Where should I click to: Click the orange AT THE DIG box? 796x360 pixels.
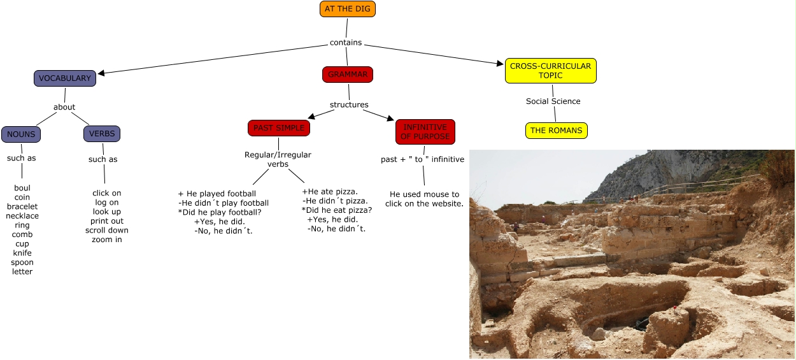pyautogui.click(x=347, y=9)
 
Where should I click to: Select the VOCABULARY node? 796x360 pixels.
pyautogui.click(x=65, y=78)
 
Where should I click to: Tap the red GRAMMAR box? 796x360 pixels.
pyautogui.click(x=347, y=75)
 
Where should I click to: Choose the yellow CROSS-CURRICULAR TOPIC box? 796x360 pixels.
pyautogui.click(x=550, y=71)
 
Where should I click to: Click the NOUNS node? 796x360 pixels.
pyautogui.click(x=21, y=134)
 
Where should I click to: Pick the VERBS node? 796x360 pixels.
pyautogui.click(x=102, y=134)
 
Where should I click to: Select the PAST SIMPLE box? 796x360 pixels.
pyautogui.click(x=279, y=128)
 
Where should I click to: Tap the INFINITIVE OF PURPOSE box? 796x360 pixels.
pyautogui.click(x=425, y=132)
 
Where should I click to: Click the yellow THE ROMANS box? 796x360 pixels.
pyautogui.click(x=556, y=131)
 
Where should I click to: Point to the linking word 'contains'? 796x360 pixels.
pyautogui.click(x=346, y=43)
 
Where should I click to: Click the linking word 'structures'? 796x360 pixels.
pyautogui.click(x=349, y=104)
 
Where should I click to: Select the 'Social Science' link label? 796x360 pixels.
pyautogui.click(x=553, y=101)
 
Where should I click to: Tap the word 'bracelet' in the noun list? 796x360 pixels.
pyautogui.click(x=22, y=206)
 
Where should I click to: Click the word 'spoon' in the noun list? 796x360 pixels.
pyautogui.click(x=22, y=262)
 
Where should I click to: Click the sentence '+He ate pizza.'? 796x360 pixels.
pyautogui.click(x=329, y=191)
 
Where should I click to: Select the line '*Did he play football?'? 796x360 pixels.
pyautogui.click(x=220, y=212)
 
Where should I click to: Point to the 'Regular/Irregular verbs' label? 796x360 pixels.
pyautogui.click(x=278, y=159)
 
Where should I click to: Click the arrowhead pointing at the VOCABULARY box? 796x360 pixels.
pyautogui.click(x=101, y=73)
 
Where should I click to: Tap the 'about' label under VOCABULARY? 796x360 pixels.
pyautogui.click(x=64, y=107)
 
